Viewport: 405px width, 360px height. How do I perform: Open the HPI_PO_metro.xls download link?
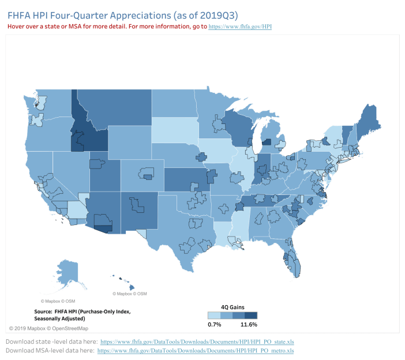pos(196,350)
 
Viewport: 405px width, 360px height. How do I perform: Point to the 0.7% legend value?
pos(215,324)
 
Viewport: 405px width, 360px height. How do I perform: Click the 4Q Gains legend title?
pos(231,306)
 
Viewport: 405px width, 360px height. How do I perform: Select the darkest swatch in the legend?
pos(251,315)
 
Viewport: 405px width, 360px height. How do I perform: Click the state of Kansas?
pos(185,179)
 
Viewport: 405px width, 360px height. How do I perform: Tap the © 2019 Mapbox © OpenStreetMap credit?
pos(48,328)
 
